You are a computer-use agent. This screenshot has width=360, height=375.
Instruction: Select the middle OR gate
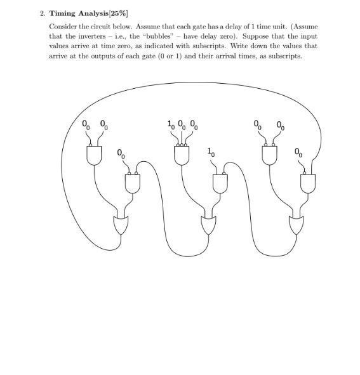tap(208, 225)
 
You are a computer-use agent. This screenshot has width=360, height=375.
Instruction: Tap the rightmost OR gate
tap(296, 225)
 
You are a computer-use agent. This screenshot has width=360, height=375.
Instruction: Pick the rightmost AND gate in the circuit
tap(308, 183)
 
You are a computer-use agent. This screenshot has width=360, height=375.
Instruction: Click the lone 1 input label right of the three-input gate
tap(210, 152)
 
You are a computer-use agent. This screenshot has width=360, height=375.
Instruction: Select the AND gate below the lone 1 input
tap(220, 183)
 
